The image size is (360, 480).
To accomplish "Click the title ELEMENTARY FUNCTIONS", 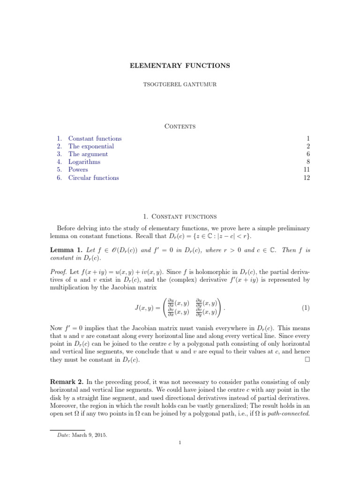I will (x=180, y=66).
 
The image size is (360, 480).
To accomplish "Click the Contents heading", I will (x=180, y=126).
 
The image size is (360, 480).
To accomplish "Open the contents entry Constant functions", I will (x=95, y=138).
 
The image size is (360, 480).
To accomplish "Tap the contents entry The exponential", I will (x=91, y=146).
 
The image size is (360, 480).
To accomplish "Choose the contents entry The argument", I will (x=88, y=154).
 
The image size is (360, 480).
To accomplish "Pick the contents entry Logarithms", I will (x=84, y=162).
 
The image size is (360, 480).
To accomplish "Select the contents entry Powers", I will (x=78, y=170).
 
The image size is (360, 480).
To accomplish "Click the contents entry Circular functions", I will (x=93, y=178).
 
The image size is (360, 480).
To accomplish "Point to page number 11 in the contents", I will (x=307, y=170).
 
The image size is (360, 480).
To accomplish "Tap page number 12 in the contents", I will (x=307, y=178).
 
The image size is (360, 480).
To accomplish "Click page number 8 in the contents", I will (x=308, y=162).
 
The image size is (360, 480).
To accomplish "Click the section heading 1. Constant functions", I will (x=180, y=216).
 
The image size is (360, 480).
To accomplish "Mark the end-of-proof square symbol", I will (x=307, y=360).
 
